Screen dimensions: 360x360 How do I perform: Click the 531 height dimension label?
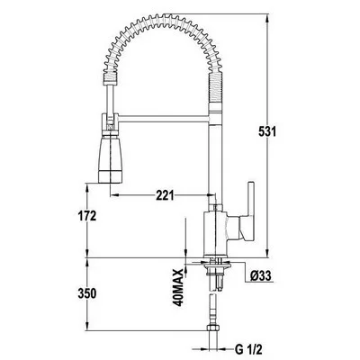coord(267,131)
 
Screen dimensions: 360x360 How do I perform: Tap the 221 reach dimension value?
coord(165,195)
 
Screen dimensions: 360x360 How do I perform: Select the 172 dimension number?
coord(87,216)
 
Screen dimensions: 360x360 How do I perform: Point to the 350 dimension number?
coord(87,293)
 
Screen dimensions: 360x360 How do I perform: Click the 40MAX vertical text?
coord(178,287)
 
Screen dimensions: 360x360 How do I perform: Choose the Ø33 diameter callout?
coord(261,275)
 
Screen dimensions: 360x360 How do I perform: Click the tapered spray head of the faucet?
coord(111,159)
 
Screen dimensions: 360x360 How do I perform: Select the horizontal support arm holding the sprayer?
coord(165,119)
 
